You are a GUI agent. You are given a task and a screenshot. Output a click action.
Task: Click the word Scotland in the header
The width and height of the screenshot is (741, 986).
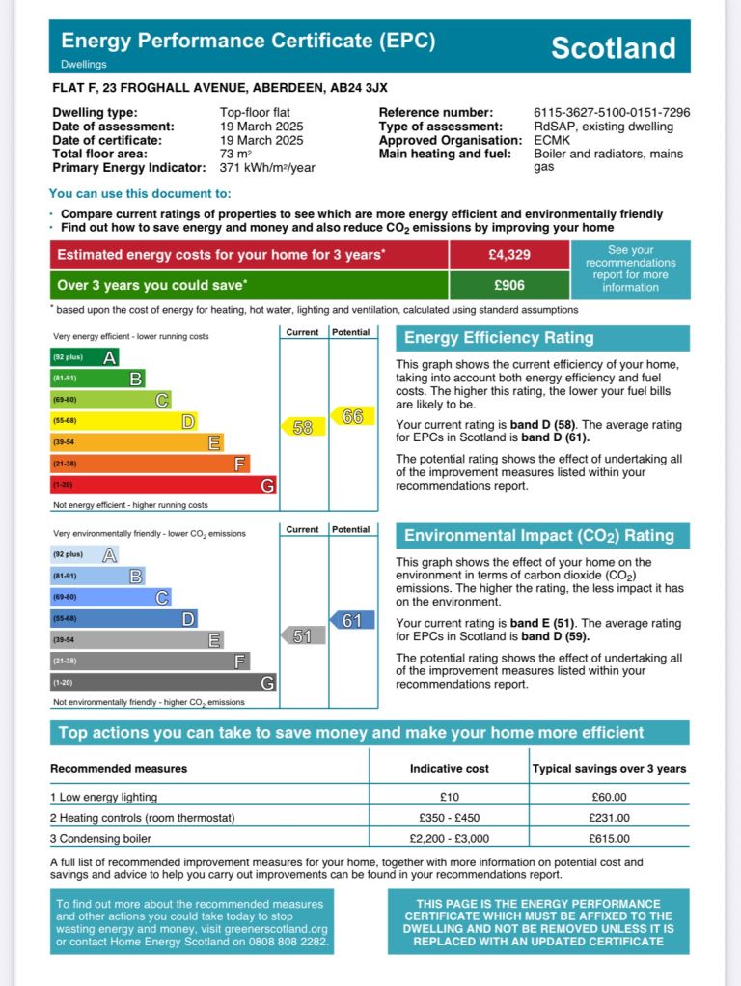pos(613,48)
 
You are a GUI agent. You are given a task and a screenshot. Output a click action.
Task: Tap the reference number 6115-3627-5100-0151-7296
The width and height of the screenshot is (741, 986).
pos(612,113)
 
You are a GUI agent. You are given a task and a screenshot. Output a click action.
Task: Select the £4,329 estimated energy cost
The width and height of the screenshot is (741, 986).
pos(508,255)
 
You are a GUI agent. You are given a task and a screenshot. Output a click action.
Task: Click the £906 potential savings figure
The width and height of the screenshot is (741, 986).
pos(508,285)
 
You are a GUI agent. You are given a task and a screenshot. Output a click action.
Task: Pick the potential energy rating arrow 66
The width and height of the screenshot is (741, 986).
pos(352,416)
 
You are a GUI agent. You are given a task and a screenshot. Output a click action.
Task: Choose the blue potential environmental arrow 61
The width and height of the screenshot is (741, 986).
pos(352,620)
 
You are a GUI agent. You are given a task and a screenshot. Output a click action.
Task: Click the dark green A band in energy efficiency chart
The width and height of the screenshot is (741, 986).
pos(85,357)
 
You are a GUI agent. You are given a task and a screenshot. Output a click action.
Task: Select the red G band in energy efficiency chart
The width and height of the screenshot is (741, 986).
pos(163,485)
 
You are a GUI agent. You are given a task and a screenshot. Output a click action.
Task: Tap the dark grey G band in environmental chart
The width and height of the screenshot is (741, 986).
pos(163,683)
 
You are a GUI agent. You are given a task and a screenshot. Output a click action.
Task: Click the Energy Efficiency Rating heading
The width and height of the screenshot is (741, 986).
pos(499,338)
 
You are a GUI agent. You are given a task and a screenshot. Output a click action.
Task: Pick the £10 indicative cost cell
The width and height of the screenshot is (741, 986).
pos(449,798)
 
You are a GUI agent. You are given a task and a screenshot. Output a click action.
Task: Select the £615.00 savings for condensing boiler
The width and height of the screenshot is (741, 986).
pos(610,839)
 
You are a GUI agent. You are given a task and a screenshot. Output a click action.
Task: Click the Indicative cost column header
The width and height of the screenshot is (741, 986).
pos(449,769)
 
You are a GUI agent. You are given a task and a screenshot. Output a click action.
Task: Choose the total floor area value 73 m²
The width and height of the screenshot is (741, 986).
pos(235,154)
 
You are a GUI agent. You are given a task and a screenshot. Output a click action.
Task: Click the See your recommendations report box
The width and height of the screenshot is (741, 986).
pos(630,269)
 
